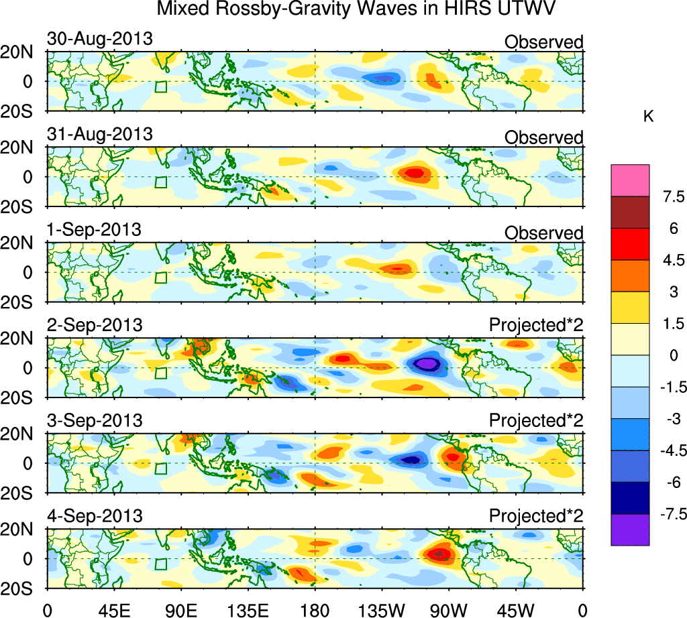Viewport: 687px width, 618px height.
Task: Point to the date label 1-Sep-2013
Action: pyautogui.click(x=94, y=230)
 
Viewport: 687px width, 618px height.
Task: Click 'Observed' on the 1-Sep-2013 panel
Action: pyautogui.click(x=543, y=233)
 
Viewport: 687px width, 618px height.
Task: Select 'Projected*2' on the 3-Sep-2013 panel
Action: pyautogui.click(x=536, y=421)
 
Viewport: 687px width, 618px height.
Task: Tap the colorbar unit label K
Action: pyautogui.click(x=648, y=117)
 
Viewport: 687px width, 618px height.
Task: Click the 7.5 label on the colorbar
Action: pyautogui.click(x=670, y=197)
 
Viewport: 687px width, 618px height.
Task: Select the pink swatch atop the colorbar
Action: pyautogui.click(x=630, y=180)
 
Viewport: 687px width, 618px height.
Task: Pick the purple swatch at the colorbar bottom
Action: pyautogui.click(x=630, y=530)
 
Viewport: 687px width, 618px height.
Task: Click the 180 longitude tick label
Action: pyautogui.click(x=315, y=610)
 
